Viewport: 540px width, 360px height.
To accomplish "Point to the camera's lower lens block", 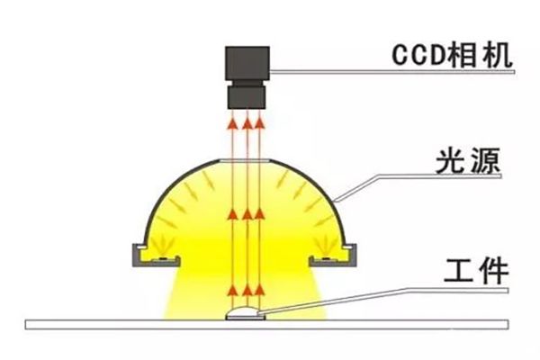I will click(x=247, y=94).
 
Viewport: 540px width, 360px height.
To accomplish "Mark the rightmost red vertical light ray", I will click(x=259, y=207).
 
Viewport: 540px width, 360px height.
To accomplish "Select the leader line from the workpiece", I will click(x=360, y=292).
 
